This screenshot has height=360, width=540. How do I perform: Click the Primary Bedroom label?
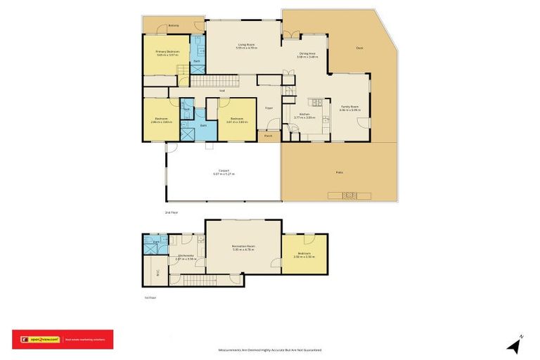coord(167,52)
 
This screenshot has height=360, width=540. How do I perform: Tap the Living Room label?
coord(246,46)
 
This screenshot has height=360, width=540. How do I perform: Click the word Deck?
coord(359,49)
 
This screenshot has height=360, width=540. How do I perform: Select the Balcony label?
coord(173,26)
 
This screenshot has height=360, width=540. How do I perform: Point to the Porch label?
coord(268,136)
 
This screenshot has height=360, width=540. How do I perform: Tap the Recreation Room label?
coord(243,247)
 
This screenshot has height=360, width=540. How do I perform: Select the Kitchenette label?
coord(186,256)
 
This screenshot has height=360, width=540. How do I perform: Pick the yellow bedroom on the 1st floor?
coord(304,254)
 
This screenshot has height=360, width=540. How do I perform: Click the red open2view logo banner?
coord(62,340)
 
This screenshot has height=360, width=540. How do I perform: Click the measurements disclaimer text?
coord(270,349)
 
